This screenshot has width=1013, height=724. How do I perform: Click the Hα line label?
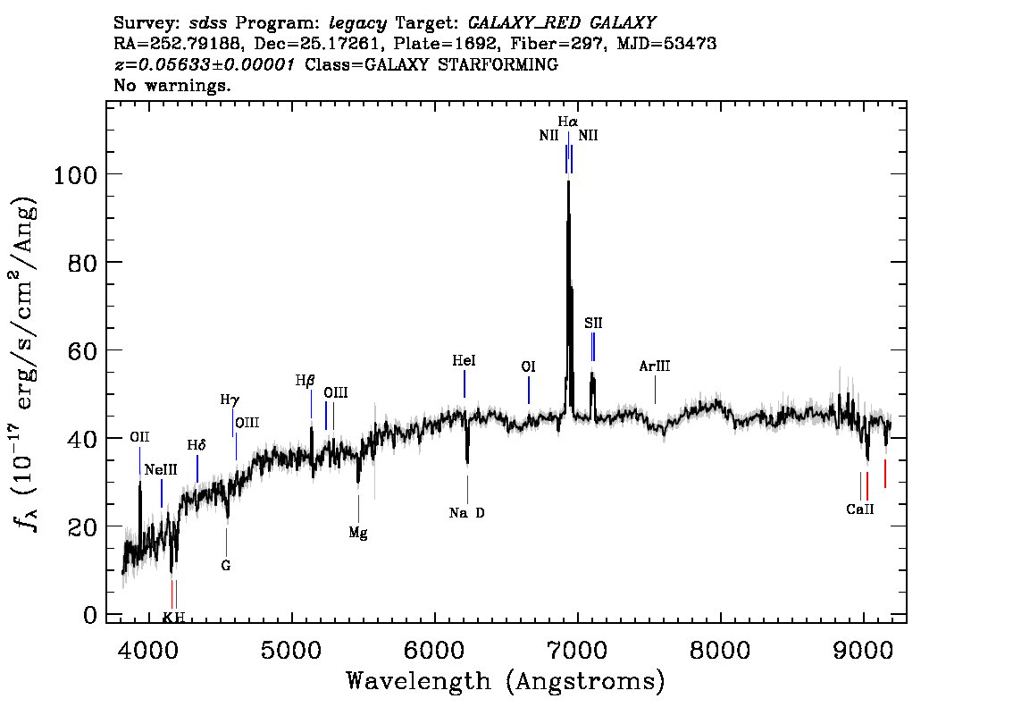tap(568, 122)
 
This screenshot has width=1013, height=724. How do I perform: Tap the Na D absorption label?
tap(466, 513)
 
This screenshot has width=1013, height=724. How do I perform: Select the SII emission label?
tap(593, 323)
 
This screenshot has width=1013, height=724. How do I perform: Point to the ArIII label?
tap(655, 366)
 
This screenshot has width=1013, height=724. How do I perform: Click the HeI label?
tap(464, 360)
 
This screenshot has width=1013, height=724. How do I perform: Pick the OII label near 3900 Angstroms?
tap(139, 437)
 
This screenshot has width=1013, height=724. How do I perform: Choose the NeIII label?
tap(161, 470)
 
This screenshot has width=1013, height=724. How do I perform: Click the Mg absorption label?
tap(358, 534)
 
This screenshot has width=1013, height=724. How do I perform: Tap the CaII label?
tap(860, 509)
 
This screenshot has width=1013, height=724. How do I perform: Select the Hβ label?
tap(305, 381)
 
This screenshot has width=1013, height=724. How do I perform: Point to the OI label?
tap(529, 366)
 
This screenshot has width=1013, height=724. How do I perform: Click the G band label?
tap(225, 566)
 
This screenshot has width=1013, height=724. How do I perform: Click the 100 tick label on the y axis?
tap(75, 174)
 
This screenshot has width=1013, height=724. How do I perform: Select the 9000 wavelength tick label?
tap(862, 650)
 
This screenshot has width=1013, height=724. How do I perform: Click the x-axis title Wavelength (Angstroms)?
tap(506, 681)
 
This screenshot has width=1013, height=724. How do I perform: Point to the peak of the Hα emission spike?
tap(568, 181)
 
